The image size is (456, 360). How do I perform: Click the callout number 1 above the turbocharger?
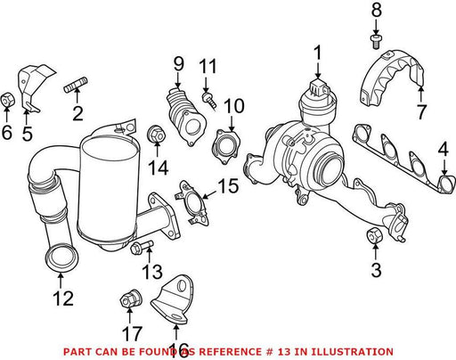[x=318, y=53]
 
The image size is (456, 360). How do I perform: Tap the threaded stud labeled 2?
[x=76, y=85]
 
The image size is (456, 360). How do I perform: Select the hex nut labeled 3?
[x=375, y=235]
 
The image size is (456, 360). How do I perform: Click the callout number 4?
[x=444, y=151]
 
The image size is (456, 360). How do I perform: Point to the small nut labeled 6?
[x=7, y=100]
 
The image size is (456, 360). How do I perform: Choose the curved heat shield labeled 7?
[x=391, y=78]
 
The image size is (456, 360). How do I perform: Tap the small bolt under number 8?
[x=376, y=42]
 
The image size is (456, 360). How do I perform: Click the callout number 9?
[x=178, y=64]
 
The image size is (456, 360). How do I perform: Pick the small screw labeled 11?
[x=209, y=101]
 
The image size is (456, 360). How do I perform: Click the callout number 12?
[x=63, y=299]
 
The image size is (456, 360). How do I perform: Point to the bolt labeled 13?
[x=142, y=247]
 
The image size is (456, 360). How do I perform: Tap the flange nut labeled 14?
[x=156, y=135]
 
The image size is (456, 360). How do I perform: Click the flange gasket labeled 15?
[x=192, y=203]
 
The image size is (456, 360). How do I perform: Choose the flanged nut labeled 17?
[x=131, y=299]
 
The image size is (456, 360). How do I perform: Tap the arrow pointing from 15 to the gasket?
[x=209, y=194]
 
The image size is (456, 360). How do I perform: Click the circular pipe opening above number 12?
[x=61, y=258]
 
